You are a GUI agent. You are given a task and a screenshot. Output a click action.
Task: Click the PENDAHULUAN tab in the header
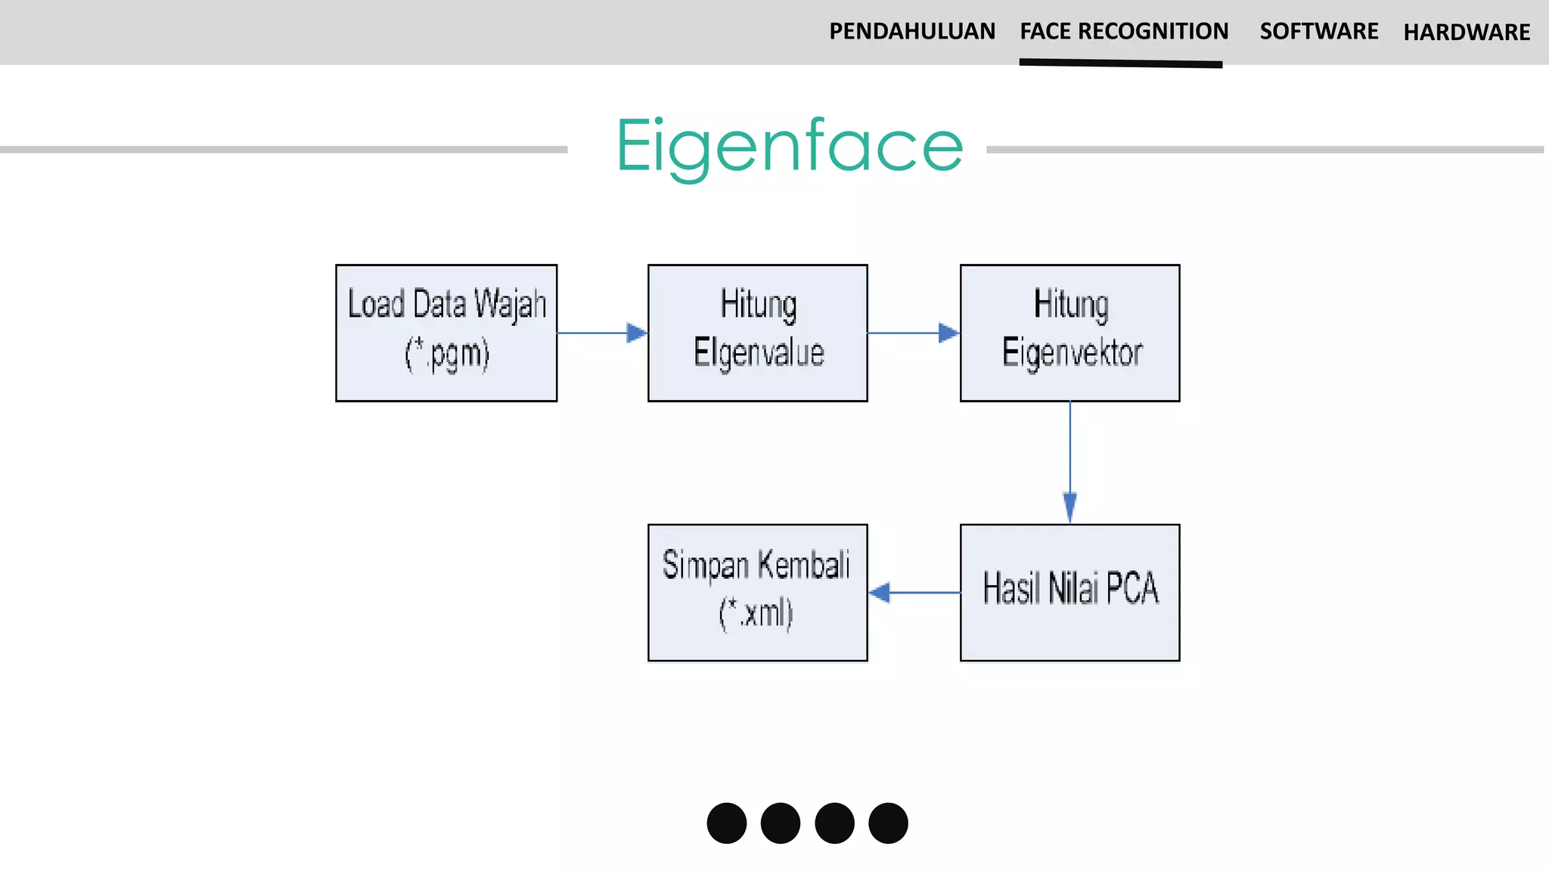[911, 32]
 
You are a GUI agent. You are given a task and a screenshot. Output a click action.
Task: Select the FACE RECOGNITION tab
[1124, 32]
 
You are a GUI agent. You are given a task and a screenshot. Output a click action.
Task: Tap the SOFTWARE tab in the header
[1318, 32]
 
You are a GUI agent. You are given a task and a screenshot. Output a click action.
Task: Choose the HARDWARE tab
[1467, 33]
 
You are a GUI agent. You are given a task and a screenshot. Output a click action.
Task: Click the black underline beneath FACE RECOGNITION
[1121, 64]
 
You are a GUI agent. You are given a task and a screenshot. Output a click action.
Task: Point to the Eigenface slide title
[790, 147]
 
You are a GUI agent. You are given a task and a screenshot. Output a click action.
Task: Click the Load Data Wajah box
[446, 333]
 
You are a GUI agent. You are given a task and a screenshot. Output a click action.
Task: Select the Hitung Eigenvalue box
[758, 333]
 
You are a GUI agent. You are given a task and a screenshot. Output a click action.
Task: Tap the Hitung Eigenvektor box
[1069, 333]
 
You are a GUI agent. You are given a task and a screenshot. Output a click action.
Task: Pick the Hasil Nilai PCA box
[1069, 592]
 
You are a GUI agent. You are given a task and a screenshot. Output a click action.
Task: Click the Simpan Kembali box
[758, 592]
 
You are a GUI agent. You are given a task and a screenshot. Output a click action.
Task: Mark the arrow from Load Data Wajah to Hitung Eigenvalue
[602, 333]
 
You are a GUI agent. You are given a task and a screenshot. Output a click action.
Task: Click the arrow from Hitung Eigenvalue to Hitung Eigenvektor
[914, 333]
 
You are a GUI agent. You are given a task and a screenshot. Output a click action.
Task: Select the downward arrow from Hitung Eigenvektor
[1069, 462]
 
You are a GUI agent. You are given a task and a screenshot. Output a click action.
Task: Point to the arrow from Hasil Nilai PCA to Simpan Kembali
[914, 592]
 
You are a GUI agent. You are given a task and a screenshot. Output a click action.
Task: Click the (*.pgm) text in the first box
[447, 355]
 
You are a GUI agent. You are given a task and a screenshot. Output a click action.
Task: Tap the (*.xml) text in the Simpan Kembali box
[756, 613]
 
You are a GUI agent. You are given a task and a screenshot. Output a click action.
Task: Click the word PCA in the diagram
[1131, 588]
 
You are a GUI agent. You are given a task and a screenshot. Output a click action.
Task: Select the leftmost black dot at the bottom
[727, 823]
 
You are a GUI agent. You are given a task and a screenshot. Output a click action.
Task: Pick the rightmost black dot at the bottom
[888, 823]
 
